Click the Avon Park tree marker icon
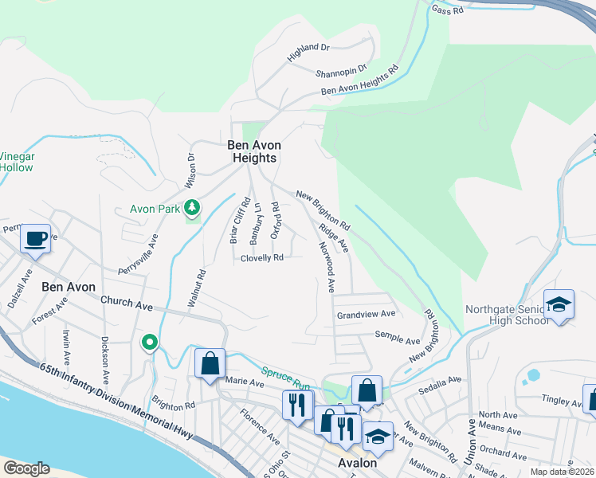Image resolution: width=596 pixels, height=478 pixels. click(191, 209)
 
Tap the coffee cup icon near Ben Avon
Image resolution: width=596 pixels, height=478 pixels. click(36, 238)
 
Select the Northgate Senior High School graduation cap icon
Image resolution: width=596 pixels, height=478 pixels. click(559, 304)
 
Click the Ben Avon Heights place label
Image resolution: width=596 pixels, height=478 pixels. click(254, 151)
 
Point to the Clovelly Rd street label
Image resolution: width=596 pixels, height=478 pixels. click(262, 258)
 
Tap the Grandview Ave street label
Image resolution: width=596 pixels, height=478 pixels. click(366, 315)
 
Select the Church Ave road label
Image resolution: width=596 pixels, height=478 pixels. click(126, 304)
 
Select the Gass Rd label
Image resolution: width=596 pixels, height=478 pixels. click(447, 10)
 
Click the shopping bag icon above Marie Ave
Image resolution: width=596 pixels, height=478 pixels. click(210, 364)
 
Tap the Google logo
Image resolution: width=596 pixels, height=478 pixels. click(26, 468)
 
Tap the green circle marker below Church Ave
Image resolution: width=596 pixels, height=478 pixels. click(149, 343)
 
